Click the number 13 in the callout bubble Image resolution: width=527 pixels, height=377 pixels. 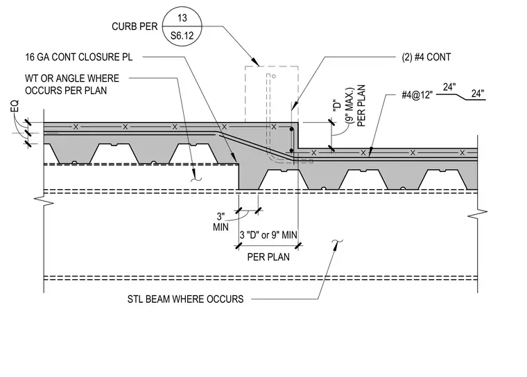pyautogui.click(x=182, y=18)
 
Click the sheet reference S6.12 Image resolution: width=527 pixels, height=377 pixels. pyautogui.click(x=182, y=35)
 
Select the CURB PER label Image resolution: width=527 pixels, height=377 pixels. pyautogui.click(x=135, y=26)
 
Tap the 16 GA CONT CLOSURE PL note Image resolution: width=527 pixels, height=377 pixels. pyautogui.click(x=78, y=57)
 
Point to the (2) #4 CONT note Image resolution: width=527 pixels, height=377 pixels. pyautogui.click(x=426, y=57)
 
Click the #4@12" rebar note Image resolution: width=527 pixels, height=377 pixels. pyautogui.click(x=417, y=95)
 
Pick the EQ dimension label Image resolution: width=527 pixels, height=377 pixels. pyautogui.click(x=15, y=106)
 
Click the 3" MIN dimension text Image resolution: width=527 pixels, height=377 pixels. pyautogui.click(x=221, y=222)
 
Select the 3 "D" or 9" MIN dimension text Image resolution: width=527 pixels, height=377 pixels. pyautogui.click(x=268, y=235)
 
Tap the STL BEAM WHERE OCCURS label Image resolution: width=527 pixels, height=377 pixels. pyautogui.click(x=186, y=299)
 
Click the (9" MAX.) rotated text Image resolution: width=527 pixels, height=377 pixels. pyautogui.click(x=350, y=110)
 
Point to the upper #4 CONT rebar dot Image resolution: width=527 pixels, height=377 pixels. pyautogui.click(x=291, y=129)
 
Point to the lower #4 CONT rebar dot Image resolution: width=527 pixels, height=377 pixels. pyautogui.click(x=291, y=150)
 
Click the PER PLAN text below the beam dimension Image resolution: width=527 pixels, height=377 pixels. pyautogui.click(x=268, y=257)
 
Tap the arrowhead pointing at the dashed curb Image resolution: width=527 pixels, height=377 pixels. pyautogui.click(x=256, y=62)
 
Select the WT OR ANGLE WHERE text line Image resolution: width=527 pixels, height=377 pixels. pyautogui.click(x=72, y=78)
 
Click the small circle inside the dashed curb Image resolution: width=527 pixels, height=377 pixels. pyautogui.click(x=274, y=76)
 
